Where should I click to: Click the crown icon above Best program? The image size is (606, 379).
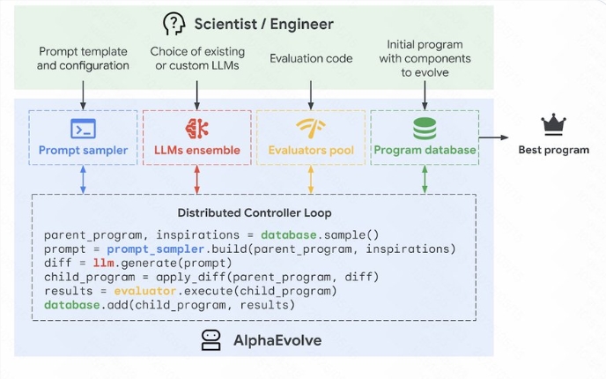553,124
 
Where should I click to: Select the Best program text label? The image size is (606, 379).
553,149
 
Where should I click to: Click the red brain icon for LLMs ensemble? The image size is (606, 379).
196,128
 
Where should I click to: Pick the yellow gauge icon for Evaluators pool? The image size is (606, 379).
310,128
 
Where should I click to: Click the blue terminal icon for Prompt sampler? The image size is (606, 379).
83,128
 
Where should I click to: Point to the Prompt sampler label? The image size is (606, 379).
83,150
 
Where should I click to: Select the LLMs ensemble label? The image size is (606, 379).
196,150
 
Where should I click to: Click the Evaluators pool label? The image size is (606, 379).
310,150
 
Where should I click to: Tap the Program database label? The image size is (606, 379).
425,150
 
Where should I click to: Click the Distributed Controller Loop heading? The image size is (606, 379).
254,212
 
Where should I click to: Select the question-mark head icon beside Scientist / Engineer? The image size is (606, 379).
174,24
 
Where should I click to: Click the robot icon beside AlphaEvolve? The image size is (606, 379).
211,341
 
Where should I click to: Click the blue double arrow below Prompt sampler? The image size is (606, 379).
83,179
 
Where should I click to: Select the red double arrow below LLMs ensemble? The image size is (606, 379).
196,179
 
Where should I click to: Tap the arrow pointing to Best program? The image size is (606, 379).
498,137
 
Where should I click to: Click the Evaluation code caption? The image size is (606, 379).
310,59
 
